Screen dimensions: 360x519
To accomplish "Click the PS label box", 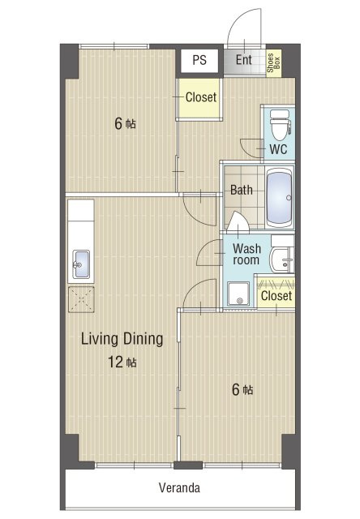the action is coord(199,60).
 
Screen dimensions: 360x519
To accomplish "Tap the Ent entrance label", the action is coord(244,60).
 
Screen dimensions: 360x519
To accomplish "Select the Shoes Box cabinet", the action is coord(273,63).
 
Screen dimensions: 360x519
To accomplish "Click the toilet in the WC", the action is coord(280,125).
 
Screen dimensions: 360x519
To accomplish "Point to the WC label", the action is coord(278,149).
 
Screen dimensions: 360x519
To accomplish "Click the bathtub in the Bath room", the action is coord(280,197).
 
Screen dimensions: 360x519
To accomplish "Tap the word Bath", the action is coord(241,190).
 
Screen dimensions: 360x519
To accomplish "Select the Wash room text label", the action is coord(246,254).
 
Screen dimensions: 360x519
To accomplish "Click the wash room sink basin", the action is coord(282,259).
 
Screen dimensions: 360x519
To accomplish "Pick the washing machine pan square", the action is coord(238,294).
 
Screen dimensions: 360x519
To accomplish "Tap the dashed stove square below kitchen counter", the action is coord(81,299).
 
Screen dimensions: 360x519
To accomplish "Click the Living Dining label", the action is coord(122,339).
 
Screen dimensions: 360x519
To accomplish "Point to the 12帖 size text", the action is coord(122,362).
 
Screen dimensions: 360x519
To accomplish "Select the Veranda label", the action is coord(179,487).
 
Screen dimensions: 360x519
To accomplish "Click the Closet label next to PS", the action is coord(201,97).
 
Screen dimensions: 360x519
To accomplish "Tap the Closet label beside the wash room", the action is coord(276,295).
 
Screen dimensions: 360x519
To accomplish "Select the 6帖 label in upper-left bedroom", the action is coord(125,123).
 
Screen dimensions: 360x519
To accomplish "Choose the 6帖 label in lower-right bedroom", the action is coord(242,389).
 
